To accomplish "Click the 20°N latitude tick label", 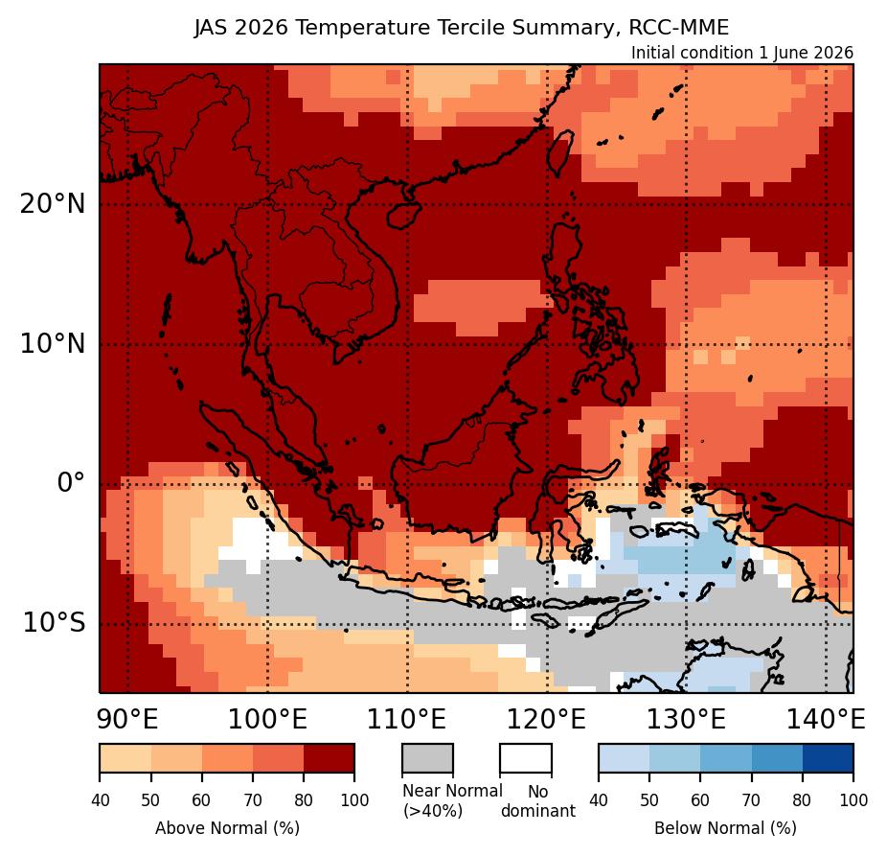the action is [53, 204].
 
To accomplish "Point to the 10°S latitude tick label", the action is [55, 623].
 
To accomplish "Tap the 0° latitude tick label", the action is [71, 483].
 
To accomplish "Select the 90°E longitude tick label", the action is [127, 720].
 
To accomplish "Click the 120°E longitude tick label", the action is [546, 720].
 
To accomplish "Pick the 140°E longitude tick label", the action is [826, 720].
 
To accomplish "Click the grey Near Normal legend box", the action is [427, 758].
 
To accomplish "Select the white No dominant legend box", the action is [526, 758].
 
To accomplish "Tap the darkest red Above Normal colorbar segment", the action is [330, 758].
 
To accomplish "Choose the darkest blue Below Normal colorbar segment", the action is [829, 758].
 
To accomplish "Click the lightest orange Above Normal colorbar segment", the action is [125, 758].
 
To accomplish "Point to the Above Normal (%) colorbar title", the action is [227, 828].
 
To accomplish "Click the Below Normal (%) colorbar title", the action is [726, 828].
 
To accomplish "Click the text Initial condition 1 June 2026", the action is [742, 53].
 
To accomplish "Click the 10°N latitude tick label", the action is [53, 343].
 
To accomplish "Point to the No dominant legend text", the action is [538, 801].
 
